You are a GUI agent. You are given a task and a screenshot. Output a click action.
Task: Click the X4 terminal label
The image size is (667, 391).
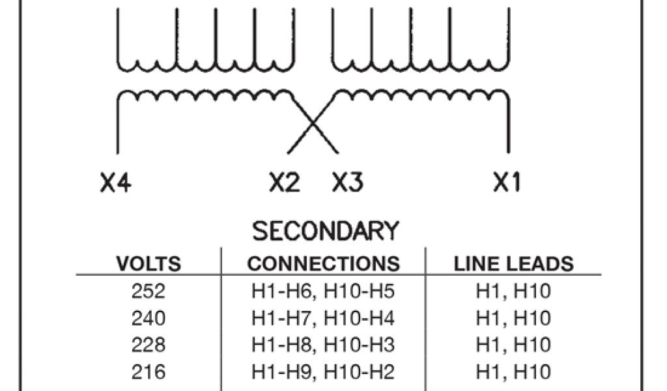click(x=116, y=183)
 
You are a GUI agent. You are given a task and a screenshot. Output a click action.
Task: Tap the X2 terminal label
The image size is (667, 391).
click(x=285, y=183)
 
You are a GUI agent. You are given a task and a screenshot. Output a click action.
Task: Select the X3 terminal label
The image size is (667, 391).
click(x=347, y=183)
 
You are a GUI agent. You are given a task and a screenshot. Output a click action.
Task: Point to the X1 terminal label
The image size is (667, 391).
click(x=506, y=183)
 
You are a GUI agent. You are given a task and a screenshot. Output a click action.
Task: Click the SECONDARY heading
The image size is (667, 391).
click(x=325, y=231)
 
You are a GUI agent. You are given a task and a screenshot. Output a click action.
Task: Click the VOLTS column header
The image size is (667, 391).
click(x=149, y=264)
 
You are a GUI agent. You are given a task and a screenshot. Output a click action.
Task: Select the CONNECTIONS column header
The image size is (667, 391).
click(x=324, y=264)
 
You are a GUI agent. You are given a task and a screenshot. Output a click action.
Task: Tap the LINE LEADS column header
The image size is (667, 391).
click(x=514, y=264)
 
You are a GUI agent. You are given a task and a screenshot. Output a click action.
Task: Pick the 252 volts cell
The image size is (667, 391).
click(x=149, y=291)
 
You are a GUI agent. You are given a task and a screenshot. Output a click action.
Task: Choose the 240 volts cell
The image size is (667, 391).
click(x=149, y=318)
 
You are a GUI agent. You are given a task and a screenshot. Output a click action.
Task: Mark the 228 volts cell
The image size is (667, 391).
click(x=149, y=345)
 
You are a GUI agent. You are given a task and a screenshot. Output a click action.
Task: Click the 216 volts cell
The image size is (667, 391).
click(x=149, y=371)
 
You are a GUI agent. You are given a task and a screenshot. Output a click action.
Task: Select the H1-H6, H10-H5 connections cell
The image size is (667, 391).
click(x=324, y=291)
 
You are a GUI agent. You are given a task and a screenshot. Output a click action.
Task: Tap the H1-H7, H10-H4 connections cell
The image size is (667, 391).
click(x=324, y=318)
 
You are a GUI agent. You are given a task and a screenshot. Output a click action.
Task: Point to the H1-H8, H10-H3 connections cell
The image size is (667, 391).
click(x=324, y=345)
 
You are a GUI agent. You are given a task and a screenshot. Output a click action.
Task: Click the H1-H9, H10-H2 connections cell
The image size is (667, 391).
click(x=324, y=371)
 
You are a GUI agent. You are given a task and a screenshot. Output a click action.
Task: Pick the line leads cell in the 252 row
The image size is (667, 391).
click(x=514, y=291)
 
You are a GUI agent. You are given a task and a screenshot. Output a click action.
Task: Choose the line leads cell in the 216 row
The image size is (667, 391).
click(x=514, y=371)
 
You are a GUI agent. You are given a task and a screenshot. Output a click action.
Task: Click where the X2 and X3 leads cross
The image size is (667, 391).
click(x=313, y=123)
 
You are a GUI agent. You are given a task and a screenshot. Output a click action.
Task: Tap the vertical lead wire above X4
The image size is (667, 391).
click(x=118, y=127)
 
